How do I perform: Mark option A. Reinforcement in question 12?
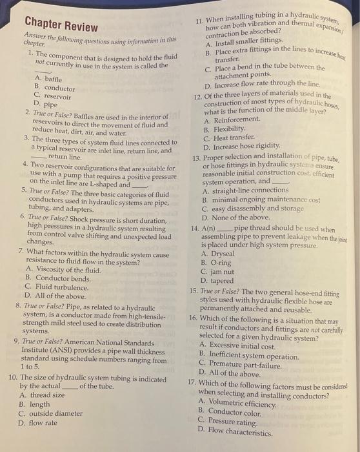tap(231, 121)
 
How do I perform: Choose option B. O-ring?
tap(215, 263)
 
